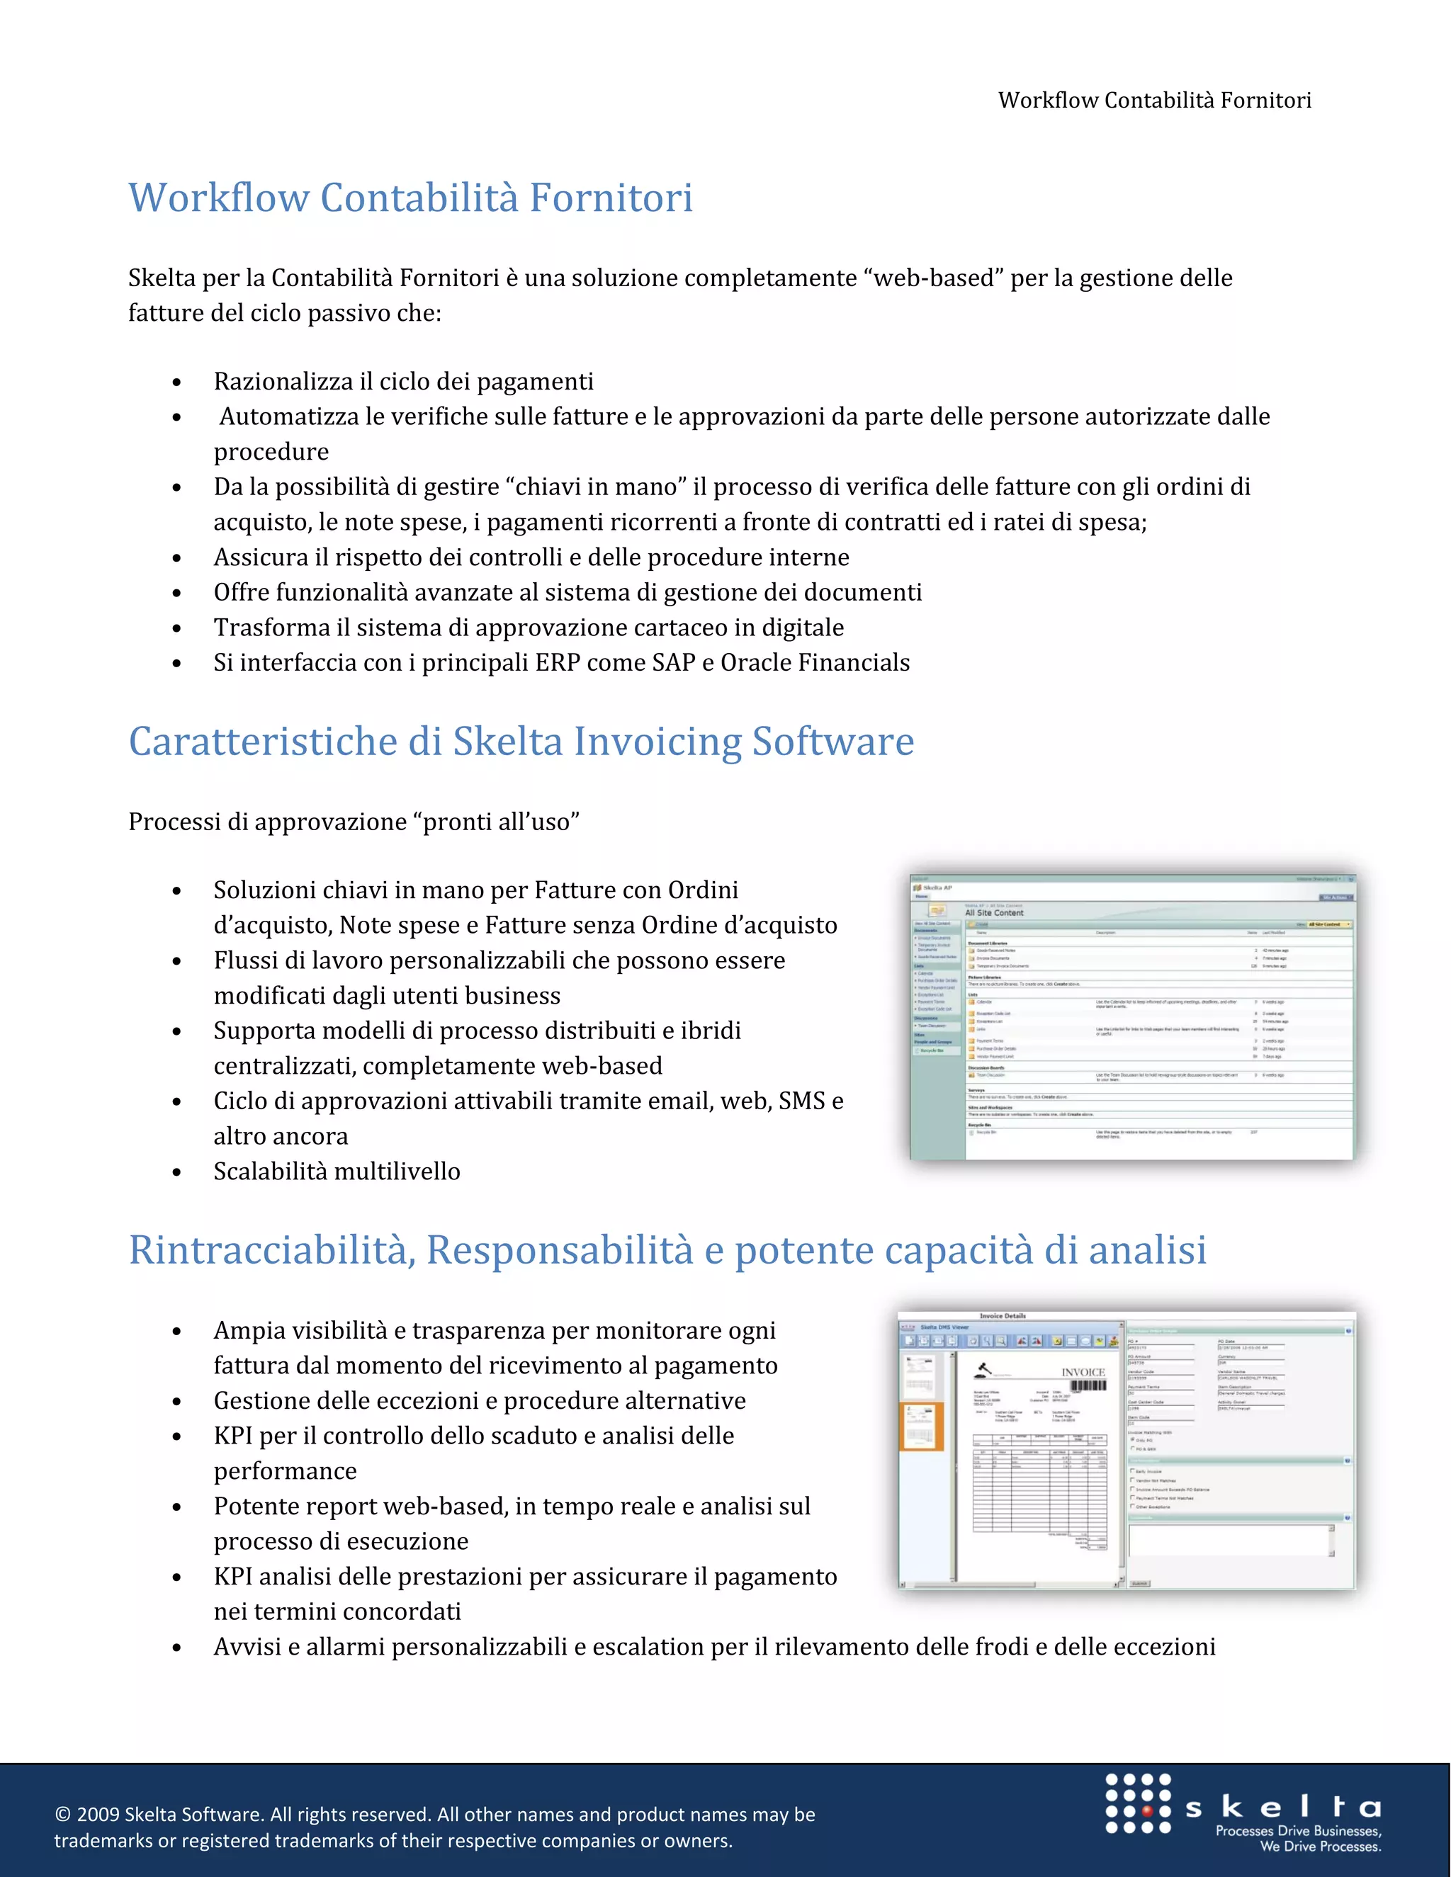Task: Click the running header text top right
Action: [1153, 101]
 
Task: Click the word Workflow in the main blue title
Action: [218, 198]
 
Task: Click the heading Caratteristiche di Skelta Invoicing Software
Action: [521, 742]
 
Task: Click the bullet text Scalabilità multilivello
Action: [337, 1172]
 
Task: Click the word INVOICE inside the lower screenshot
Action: [1083, 1373]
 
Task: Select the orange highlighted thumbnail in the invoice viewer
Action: [920, 1426]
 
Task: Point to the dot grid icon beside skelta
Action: [1137, 1803]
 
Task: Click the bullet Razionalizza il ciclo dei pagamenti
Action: [403, 382]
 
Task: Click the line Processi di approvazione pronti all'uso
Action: [354, 822]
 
